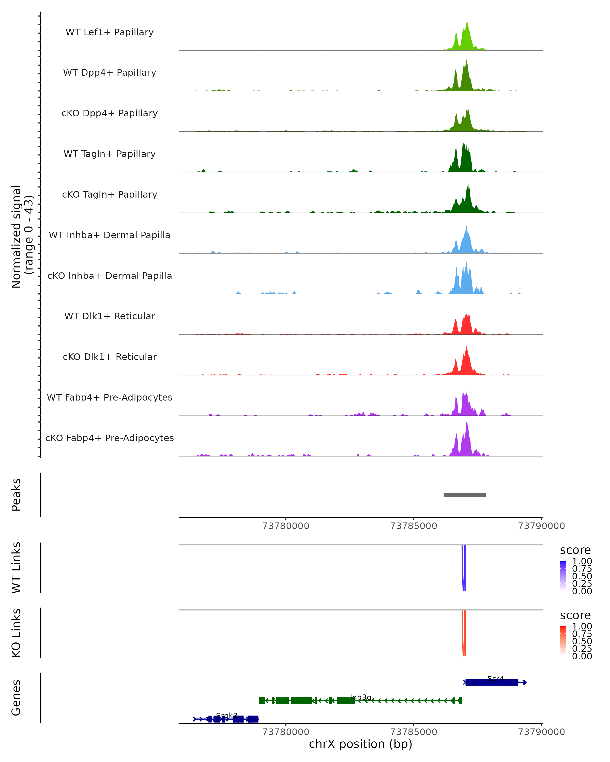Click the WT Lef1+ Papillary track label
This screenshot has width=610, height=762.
point(110,32)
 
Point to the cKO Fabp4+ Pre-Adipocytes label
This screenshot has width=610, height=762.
point(110,438)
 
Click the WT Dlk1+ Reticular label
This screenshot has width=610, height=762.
point(110,316)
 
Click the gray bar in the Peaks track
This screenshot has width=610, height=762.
point(464,495)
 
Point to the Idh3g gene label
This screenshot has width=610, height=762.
point(360,697)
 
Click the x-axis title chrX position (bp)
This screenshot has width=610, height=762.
point(360,744)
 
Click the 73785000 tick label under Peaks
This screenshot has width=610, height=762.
point(413,526)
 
